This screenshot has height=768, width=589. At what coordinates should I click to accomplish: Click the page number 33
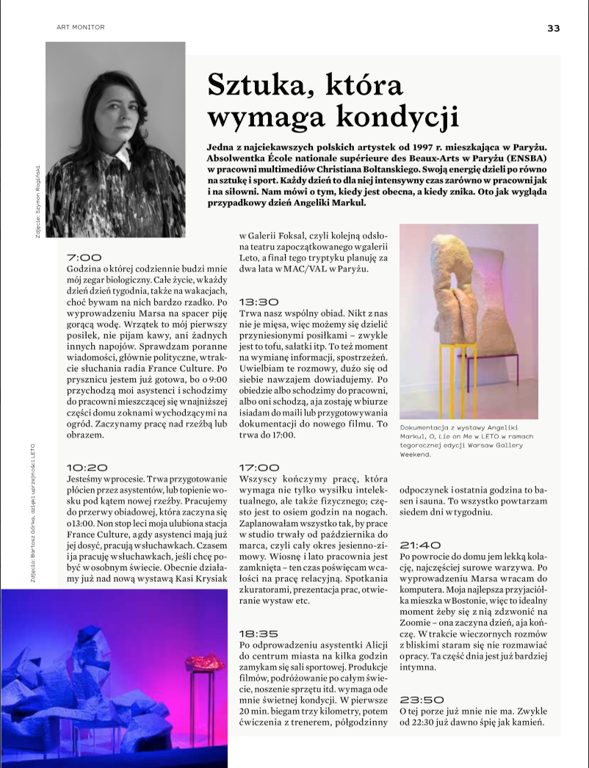pyautogui.click(x=553, y=28)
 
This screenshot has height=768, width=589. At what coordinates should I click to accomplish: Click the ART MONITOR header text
pyautogui.click(x=81, y=27)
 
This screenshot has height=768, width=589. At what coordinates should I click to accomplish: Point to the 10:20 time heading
pyautogui.click(x=87, y=466)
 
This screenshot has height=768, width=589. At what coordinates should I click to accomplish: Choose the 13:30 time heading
pyautogui.click(x=259, y=302)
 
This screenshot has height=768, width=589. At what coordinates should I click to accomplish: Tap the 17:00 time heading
pyautogui.click(x=259, y=466)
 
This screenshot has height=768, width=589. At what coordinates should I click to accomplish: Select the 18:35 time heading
pyautogui.click(x=259, y=632)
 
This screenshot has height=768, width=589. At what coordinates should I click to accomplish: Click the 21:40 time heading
pyautogui.click(x=420, y=545)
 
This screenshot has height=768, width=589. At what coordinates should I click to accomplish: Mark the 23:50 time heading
pyautogui.click(x=421, y=700)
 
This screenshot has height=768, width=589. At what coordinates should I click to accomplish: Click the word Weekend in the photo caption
pyautogui.click(x=415, y=454)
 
